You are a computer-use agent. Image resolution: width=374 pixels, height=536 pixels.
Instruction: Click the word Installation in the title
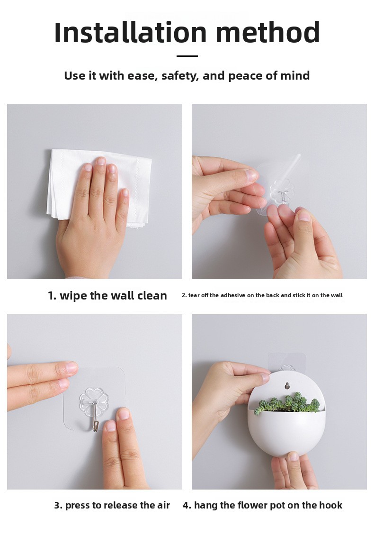coord(131,32)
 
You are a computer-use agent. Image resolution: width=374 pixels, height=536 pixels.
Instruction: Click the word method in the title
coord(268,32)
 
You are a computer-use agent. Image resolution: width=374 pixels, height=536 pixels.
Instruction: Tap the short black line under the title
coord(187,56)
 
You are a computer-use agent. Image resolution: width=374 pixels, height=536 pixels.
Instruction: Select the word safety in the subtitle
coord(180,76)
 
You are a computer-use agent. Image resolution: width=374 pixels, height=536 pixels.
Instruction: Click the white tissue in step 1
coord(99,188)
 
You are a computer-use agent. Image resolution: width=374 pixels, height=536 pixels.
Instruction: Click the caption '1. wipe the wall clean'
coord(107,296)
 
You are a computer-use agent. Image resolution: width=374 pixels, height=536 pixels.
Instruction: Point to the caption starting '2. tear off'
coord(262,295)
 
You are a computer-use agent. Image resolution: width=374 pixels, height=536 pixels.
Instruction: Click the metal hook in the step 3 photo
coord(95,417)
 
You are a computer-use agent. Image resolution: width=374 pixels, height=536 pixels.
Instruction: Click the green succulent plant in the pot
coord(287,402)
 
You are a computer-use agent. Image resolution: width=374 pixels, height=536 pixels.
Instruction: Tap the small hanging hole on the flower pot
coord(287,386)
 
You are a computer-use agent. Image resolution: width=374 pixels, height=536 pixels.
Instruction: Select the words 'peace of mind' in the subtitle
coord(269,76)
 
